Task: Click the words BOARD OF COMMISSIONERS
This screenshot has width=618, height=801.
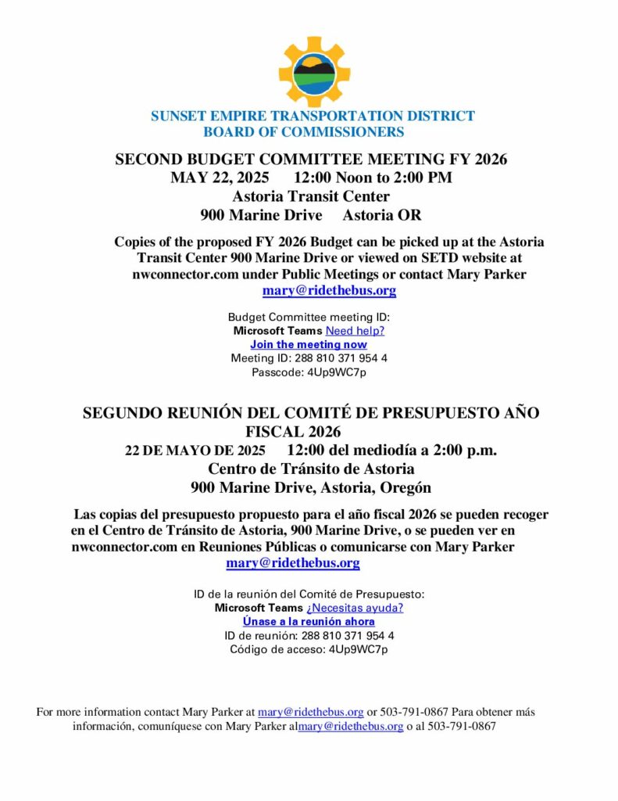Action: [x=303, y=132]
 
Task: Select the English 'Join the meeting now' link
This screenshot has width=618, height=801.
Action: [x=309, y=344]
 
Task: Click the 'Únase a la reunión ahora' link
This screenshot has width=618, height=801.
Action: [x=309, y=621]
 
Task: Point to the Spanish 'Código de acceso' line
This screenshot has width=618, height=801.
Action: [x=309, y=649]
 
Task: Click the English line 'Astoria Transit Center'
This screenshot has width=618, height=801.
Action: [x=311, y=196]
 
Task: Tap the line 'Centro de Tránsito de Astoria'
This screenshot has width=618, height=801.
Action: [x=311, y=469]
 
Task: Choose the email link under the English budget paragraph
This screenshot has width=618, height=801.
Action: [x=329, y=291]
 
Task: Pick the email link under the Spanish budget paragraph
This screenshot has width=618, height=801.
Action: [x=293, y=563]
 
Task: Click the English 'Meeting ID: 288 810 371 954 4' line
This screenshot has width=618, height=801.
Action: [x=309, y=358]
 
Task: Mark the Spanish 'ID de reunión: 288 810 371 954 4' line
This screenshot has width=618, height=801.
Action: [x=309, y=635]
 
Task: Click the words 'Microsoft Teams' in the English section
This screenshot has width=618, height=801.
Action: [x=277, y=331]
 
